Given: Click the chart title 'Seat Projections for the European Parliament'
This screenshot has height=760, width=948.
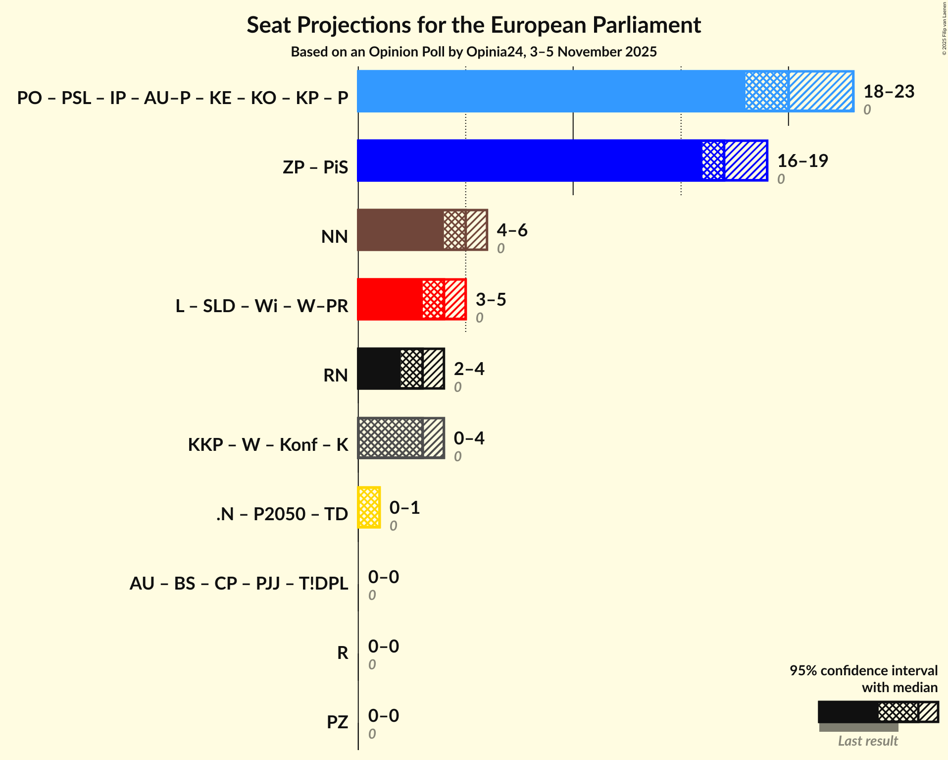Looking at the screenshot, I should tap(474, 25).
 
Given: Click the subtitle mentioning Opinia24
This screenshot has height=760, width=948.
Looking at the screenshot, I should tap(474, 52).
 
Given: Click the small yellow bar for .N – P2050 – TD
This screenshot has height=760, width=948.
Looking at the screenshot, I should tap(369, 507).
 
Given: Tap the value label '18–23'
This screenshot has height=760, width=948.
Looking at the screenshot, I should tap(889, 92).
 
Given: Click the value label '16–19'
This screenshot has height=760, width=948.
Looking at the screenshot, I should tap(802, 161).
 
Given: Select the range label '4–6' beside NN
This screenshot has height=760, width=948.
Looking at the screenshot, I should tap(512, 230).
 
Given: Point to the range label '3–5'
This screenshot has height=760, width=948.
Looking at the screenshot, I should tap(491, 300).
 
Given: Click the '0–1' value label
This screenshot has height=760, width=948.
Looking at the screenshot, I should tap(404, 508).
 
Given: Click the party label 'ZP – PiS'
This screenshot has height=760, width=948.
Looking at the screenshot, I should tap(315, 167).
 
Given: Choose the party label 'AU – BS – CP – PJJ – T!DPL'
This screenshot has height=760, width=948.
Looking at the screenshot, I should tap(239, 583).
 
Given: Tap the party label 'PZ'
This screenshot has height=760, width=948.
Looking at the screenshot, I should tap(337, 722).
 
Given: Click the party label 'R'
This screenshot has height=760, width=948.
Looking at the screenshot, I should tap(343, 652).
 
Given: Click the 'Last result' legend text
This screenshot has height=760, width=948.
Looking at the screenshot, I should tap(867, 741).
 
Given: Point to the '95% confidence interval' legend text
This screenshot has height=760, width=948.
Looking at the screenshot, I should tap(863, 671).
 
